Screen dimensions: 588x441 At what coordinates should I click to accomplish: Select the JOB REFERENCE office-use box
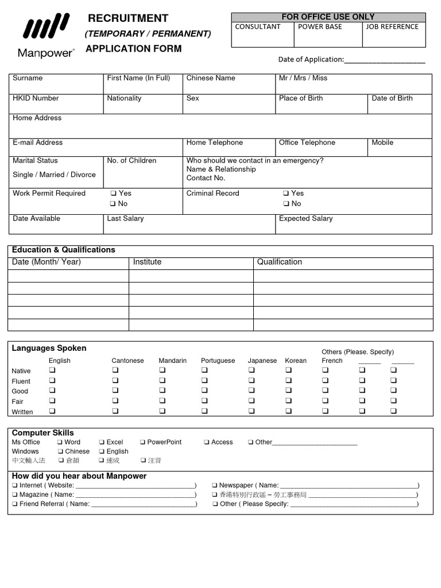(393, 34)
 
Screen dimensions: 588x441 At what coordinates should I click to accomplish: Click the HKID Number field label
(36, 98)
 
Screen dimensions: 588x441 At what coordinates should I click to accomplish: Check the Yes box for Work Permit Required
(113, 194)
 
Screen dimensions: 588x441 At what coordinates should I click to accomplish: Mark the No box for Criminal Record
(286, 204)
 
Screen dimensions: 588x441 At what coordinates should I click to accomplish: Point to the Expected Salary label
(305, 219)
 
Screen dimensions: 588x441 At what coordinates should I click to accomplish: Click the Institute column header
(147, 262)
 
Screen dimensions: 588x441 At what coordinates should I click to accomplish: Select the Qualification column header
(279, 262)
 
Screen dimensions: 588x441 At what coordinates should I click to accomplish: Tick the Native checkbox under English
(52, 370)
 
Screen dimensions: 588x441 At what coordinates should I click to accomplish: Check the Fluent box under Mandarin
(163, 381)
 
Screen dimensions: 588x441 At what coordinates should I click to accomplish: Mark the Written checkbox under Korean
(288, 411)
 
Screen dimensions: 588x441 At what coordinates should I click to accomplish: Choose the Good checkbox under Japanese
(252, 391)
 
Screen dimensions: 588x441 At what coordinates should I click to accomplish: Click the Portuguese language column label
(218, 361)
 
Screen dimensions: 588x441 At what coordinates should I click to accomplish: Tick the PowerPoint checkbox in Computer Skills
(143, 442)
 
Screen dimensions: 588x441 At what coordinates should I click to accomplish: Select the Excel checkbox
(102, 442)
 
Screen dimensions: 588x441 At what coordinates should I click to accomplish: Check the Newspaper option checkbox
(215, 485)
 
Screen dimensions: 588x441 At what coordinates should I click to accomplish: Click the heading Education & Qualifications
(63, 250)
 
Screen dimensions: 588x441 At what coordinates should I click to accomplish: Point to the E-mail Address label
(37, 142)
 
